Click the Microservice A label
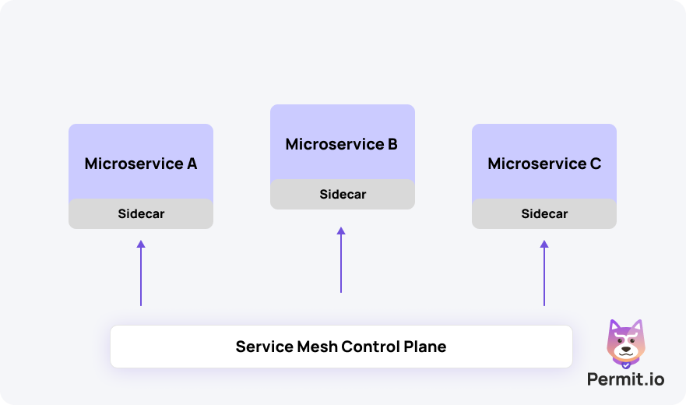click(140, 164)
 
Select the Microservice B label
click(342, 144)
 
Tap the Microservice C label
click(544, 164)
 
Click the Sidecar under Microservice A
click(141, 213)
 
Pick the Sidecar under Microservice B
click(343, 194)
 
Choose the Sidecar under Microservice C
click(544, 213)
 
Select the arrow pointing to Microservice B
click(341, 261)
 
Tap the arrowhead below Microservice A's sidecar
click(141, 245)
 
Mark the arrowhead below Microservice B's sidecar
click(341, 231)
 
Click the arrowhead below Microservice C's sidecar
click(544, 245)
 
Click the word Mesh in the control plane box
click(315, 347)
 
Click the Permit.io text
click(626, 379)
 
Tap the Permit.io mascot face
click(625, 343)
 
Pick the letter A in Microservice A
click(192, 164)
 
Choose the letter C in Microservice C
click(596, 164)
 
